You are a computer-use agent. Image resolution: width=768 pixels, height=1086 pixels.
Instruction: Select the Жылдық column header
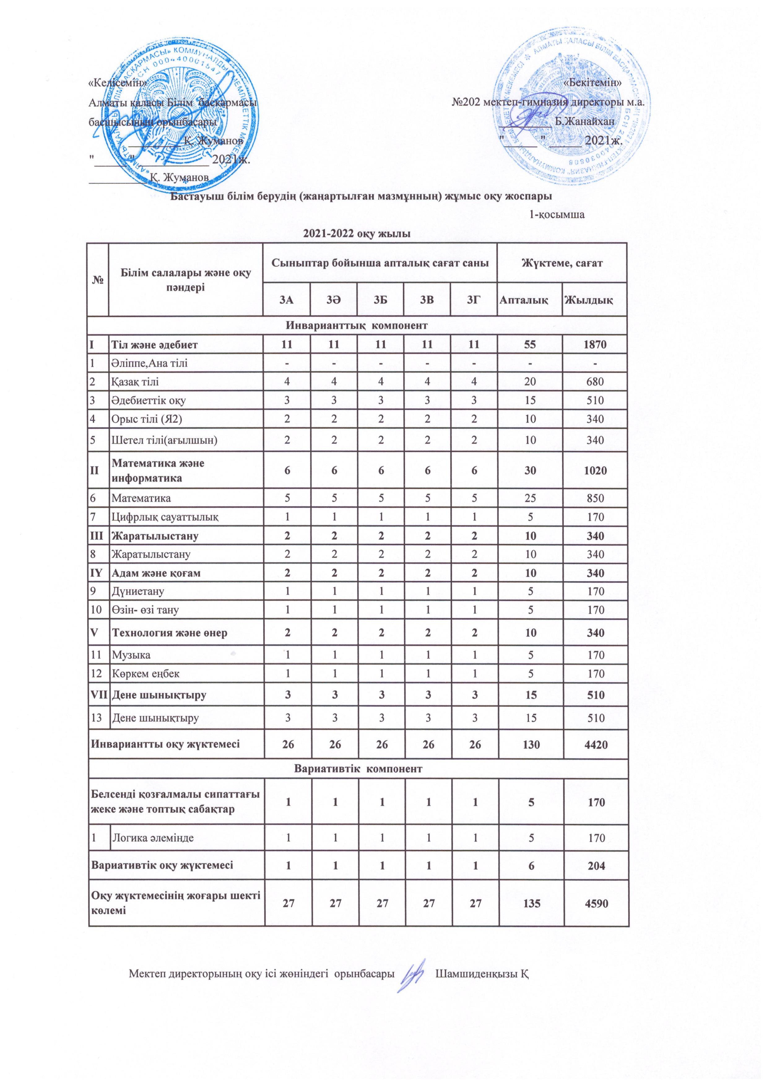(x=594, y=299)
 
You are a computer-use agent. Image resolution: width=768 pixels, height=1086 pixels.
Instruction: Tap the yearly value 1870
(x=594, y=345)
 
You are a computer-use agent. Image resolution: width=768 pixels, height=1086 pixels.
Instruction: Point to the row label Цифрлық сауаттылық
(x=165, y=517)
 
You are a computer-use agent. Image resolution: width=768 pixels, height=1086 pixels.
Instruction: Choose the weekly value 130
(x=530, y=744)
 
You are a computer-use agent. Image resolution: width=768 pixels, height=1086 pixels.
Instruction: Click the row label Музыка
(x=131, y=655)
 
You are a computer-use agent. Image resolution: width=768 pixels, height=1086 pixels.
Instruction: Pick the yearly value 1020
(x=594, y=471)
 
